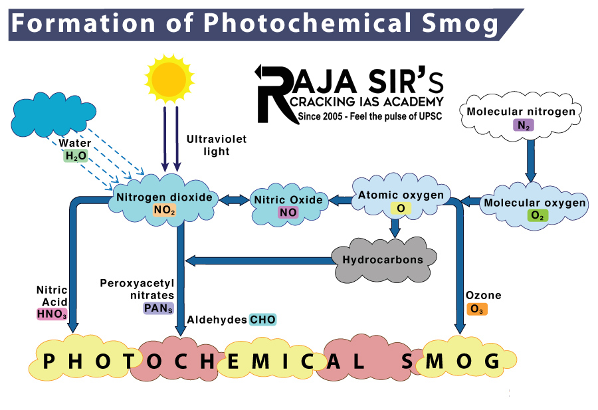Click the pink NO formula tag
coord(288,213)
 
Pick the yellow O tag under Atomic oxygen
coord(401,209)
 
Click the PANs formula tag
coord(158,308)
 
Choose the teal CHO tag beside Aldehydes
coord(262,320)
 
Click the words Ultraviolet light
coord(208,146)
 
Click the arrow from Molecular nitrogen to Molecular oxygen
coord(530,159)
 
